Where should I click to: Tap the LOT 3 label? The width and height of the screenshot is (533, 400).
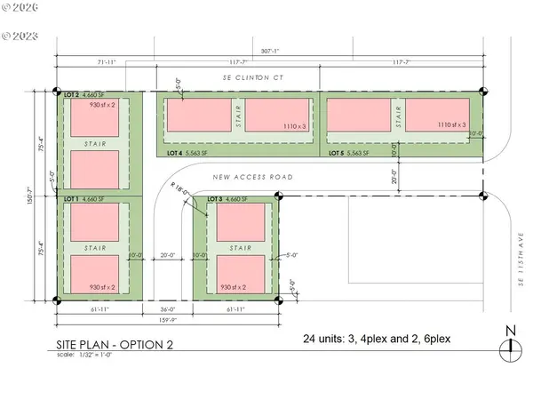[x=214, y=199]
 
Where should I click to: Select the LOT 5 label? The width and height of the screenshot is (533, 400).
[x=337, y=153]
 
